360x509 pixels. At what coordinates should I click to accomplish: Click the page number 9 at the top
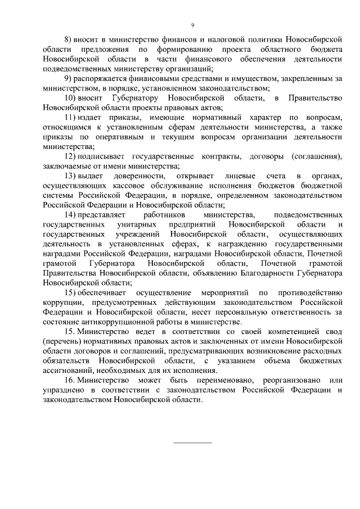192,25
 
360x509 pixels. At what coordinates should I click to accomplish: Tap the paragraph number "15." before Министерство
70,332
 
